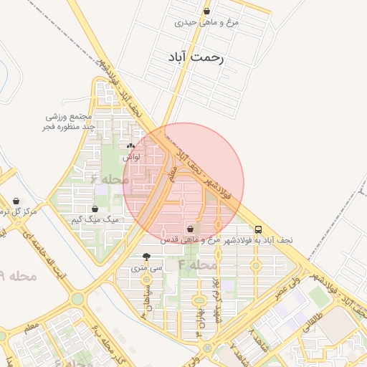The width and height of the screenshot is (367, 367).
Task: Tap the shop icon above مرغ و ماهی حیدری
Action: (206, 11)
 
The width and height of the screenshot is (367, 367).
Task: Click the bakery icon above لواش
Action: (130, 146)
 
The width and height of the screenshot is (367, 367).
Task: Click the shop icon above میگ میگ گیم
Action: (95, 209)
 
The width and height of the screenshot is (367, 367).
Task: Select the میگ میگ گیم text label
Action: (101, 220)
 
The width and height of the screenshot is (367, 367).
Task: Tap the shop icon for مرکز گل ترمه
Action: (16, 201)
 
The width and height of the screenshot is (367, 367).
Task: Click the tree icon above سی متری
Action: (147, 256)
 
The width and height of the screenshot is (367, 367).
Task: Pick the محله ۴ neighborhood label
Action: (196, 265)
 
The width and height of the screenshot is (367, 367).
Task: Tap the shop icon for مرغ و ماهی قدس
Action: (190, 229)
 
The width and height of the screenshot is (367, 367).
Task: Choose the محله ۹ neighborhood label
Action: (19, 275)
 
